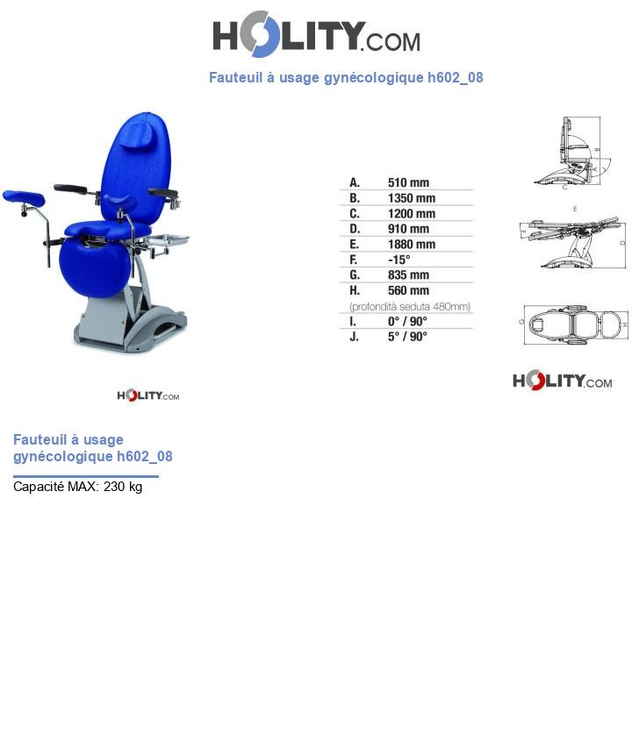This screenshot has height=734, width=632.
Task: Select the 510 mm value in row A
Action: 408,183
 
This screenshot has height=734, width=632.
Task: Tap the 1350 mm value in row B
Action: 411,198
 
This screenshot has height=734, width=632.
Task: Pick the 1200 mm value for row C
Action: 411,214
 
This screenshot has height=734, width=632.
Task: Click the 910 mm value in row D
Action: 408,229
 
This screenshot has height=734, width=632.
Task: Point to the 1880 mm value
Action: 411,245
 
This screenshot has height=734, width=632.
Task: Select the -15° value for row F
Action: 399,260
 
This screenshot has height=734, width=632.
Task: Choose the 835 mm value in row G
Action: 408,275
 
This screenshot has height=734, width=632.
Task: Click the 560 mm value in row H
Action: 408,290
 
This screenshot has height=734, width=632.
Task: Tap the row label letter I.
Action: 354,321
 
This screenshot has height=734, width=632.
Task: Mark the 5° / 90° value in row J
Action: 407,336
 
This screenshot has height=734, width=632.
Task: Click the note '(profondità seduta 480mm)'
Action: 410,306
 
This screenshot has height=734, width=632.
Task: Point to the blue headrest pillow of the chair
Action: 141,132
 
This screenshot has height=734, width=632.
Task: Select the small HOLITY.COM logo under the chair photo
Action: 147,396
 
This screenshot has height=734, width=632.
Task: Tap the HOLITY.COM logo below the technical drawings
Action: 562,381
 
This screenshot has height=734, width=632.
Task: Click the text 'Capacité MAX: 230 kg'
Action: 77,487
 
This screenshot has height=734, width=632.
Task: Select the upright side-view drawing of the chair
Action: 576,151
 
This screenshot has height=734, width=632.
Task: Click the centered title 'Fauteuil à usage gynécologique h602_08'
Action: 346,77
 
